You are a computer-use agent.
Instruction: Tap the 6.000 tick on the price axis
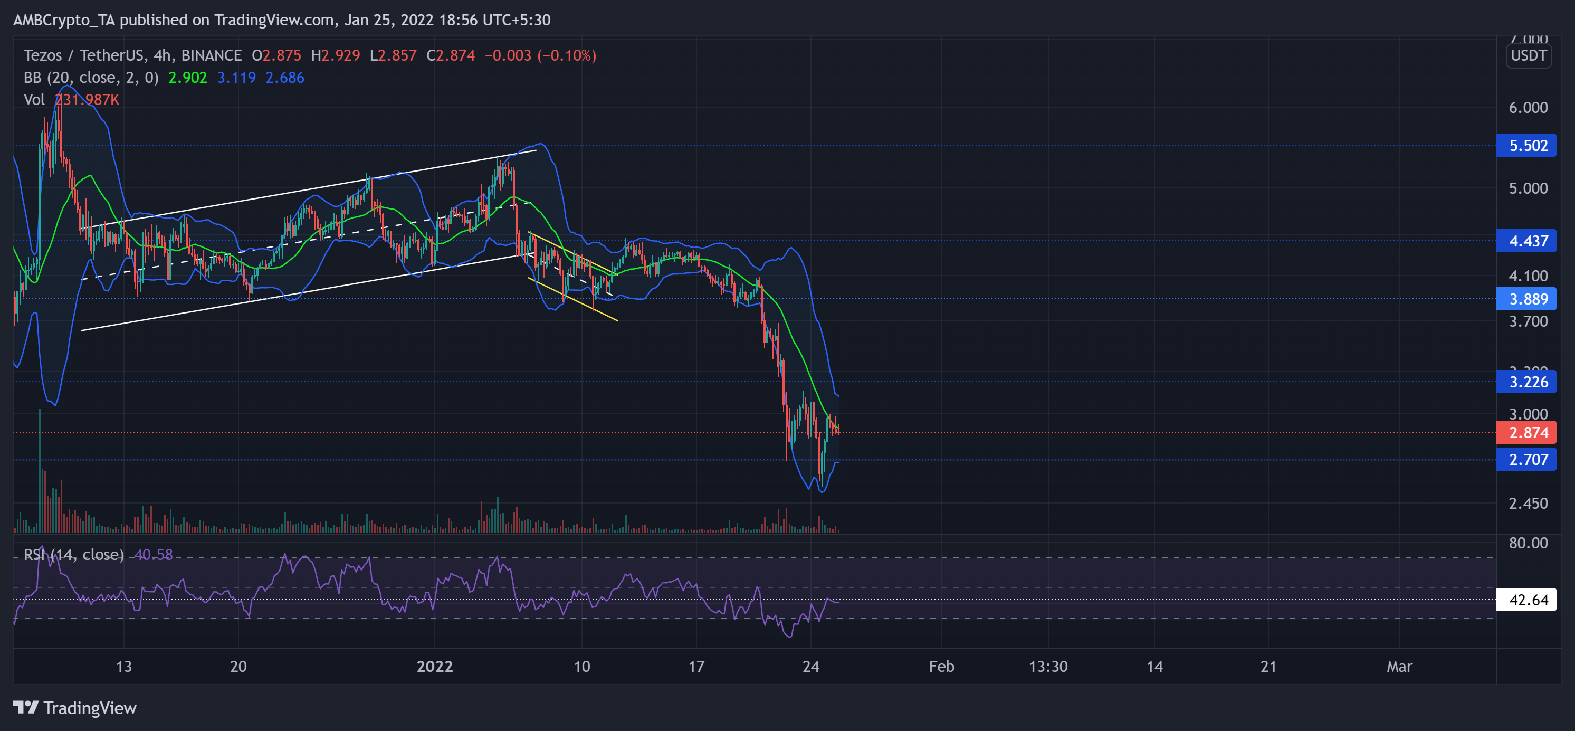click(1528, 108)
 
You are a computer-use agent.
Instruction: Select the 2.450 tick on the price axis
click(1528, 504)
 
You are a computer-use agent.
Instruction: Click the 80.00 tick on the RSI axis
click(1528, 543)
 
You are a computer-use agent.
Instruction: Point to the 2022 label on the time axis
click(435, 667)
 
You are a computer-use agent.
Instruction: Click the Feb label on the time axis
click(941, 667)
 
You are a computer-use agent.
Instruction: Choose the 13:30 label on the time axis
click(1048, 667)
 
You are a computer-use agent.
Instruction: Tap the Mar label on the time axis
click(1399, 667)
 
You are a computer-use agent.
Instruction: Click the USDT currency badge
click(1529, 55)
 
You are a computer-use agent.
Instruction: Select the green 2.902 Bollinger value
click(188, 78)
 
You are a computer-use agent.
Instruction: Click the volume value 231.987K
click(87, 100)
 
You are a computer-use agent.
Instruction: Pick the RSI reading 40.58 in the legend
click(154, 555)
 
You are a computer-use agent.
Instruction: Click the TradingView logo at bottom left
click(74, 708)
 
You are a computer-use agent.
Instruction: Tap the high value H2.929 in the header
click(335, 55)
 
